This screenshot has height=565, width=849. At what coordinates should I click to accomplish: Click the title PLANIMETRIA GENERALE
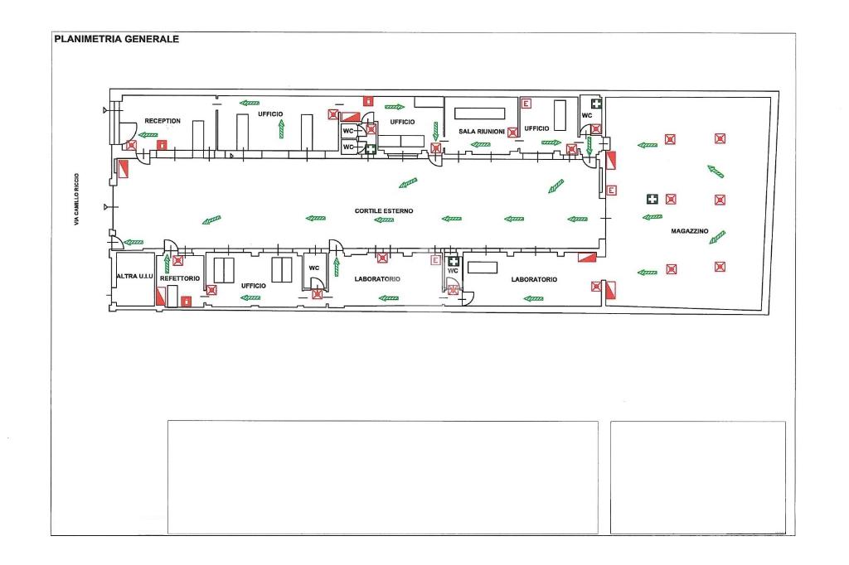pos(115,38)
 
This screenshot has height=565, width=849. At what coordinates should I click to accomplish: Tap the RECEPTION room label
pos(163,121)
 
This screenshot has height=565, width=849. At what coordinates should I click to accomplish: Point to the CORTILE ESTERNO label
pos(384,211)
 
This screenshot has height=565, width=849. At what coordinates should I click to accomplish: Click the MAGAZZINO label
pos(689,231)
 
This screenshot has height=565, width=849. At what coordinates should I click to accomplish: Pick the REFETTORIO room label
pos(180,279)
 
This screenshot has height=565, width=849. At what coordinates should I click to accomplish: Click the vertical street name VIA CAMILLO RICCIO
pos(76,198)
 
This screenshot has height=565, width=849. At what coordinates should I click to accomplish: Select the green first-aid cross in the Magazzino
pos(653,199)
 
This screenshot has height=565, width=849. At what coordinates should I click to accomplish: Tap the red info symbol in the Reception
pos(163,144)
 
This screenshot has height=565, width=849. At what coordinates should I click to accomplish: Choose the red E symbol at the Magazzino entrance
pos(612,190)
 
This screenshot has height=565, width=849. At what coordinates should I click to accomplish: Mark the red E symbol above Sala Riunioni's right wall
pos(526,103)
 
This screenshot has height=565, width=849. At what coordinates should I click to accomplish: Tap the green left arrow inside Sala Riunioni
pos(480,144)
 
